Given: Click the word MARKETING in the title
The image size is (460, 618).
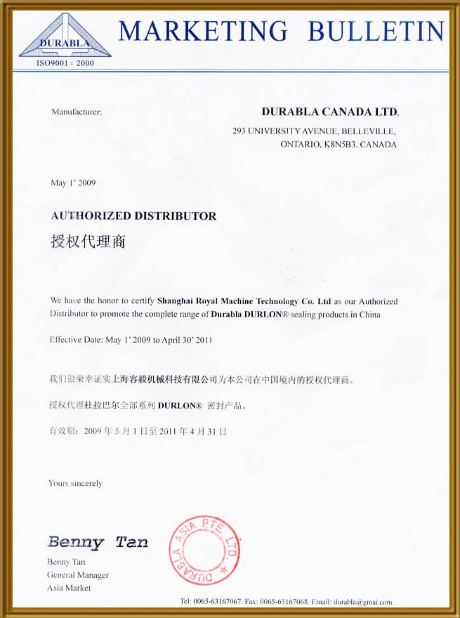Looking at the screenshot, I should tap(203, 31).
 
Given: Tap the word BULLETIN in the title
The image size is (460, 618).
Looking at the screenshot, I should tap(376, 31).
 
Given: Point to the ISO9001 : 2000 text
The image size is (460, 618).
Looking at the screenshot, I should tap(65, 63).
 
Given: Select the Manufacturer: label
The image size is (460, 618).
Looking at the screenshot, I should tap(77, 112).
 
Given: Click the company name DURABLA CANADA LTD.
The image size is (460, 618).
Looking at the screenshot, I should tap(330, 112).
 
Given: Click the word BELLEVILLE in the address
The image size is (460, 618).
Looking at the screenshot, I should tap(369, 131).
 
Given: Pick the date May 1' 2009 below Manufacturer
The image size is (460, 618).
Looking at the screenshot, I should tap(73, 183).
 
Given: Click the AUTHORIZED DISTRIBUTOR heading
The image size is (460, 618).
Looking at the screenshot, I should tap(133, 216).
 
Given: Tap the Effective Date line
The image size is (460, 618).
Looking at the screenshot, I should tap(131, 340).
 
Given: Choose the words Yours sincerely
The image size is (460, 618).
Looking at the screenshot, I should tap(75, 483).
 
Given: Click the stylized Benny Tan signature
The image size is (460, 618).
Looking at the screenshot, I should tap(98, 541).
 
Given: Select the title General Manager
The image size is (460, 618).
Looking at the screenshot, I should tap(78, 575).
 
